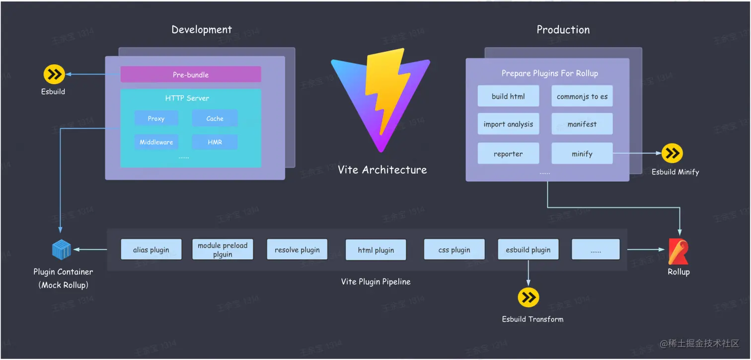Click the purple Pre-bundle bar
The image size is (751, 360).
[191, 74]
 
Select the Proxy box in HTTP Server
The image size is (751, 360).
[156, 118]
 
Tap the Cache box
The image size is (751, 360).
[215, 118]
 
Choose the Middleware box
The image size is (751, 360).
[156, 142]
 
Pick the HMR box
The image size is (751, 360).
[215, 142]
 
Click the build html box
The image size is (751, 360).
[508, 96]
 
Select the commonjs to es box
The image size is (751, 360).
[582, 96]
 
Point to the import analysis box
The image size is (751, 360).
[508, 124]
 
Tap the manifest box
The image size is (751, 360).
[582, 124]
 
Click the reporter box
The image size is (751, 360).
[508, 154]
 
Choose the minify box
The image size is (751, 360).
[582, 154]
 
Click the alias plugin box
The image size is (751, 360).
[151, 250]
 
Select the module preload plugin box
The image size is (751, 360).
[223, 250]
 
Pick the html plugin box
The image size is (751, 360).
[376, 250]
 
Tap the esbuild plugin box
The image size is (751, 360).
[528, 250]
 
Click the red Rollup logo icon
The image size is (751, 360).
[678, 252]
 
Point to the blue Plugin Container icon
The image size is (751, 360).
[62, 250]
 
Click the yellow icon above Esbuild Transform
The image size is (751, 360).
[528, 297]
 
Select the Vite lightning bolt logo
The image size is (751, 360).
[380, 97]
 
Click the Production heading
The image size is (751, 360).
[563, 30]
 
